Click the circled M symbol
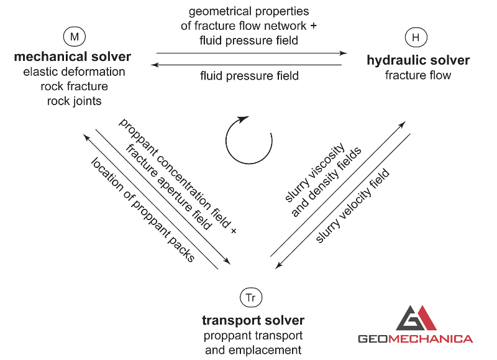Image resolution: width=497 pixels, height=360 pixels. pos(75,37)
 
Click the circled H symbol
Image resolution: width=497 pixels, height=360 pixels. pos(416,37)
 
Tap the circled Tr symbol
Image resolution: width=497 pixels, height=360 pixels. pos(251,298)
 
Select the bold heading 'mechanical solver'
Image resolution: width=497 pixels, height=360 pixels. pos(72,57)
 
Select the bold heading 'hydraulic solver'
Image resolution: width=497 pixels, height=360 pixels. pos(418,60)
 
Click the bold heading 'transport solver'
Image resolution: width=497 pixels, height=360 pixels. pos(253,320)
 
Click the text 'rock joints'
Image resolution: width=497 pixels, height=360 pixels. pos(74,101)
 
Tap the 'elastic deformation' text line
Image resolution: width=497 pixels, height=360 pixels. pos(74,72)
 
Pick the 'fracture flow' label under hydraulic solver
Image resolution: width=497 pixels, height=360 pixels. pos(417,75)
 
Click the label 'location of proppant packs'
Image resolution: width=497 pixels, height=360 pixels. pos(143,210)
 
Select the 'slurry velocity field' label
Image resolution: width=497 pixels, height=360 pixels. pos(352,206)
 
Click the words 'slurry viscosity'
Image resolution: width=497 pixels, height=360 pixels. pos(315,173)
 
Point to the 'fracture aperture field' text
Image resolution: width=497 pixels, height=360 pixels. pos(168,187)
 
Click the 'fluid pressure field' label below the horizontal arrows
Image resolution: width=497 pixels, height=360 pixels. pos(249,76)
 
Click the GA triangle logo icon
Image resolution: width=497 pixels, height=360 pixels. pos(416,318)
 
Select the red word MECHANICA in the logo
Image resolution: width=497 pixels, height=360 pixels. pos(431,339)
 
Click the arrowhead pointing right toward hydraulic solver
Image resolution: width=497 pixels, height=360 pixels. pos(344,53)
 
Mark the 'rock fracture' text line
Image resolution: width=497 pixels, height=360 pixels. pos(74,86)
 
